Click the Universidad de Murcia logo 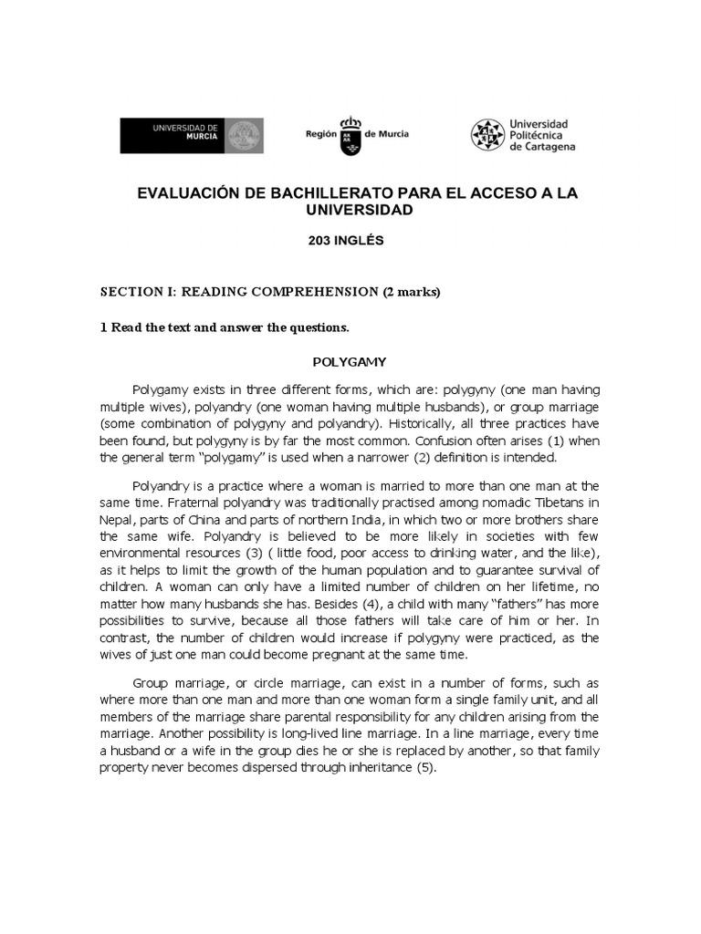tap(192, 135)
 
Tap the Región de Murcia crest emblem tap(350, 135)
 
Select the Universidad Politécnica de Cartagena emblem tap(487, 135)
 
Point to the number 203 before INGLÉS tap(328, 242)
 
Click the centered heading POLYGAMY tap(350, 361)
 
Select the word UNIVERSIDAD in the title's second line tap(350, 210)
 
